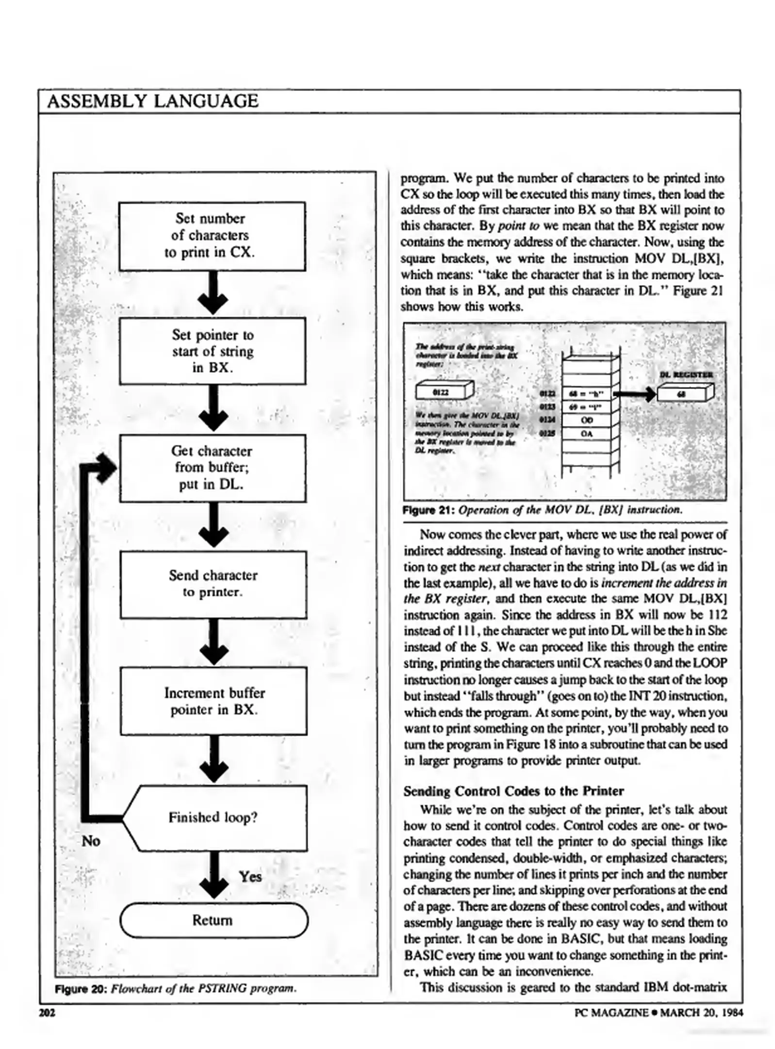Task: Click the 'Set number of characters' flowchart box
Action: click(x=212, y=236)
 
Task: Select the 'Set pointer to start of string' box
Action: click(x=213, y=351)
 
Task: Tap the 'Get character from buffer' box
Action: click(x=213, y=468)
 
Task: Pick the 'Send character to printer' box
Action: click(x=213, y=584)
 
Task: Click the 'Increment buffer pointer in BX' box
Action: click(x=214, y=701)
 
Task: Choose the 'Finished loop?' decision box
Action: click(x=214, y=818)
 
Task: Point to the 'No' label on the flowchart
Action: click(x=91, y=841)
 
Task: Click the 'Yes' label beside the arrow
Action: click(x=250, y=877)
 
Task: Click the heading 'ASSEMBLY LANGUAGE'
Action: click(x=153, y=101)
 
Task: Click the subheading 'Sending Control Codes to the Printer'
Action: click(x=513, y=791)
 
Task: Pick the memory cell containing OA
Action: click(x=586, y=433)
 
